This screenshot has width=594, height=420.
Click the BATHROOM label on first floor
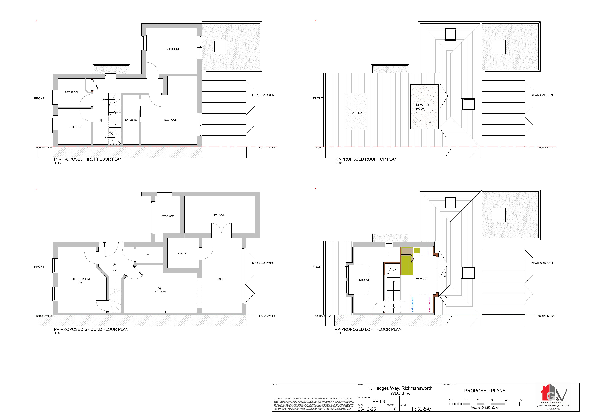(x=72, y=92)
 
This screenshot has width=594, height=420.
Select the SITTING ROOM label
(x=80, y=279)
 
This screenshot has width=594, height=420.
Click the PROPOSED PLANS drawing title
(x=485, y=391)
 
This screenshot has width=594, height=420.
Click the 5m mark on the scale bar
(x=521, y=400)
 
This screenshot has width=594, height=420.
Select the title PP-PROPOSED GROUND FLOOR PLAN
(x=91, y=329)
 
